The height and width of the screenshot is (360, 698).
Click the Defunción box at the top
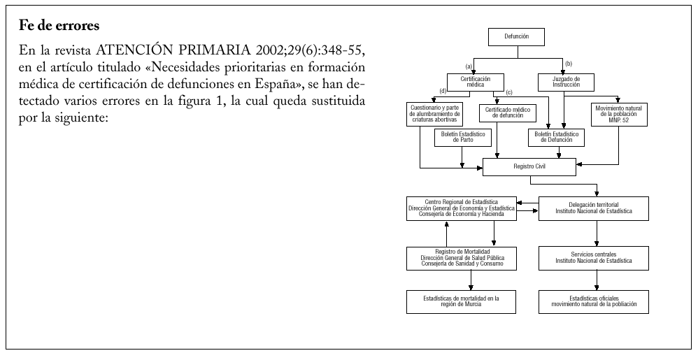pyautogui.click(x=516, y=36)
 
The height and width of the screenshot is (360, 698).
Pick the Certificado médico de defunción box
pyautogui.click(x=504, y=113)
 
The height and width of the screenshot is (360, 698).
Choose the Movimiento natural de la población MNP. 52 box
pyautogui.click(x=619, y=114)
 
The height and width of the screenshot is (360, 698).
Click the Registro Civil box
pyautogui.click(x=529, y=167)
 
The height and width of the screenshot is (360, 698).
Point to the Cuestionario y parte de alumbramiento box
pyautogui.click(x=439, y=114)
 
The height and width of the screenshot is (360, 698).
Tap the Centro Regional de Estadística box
pyautogui.click(x=462, y=208)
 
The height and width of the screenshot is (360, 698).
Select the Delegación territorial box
pyautogui.click(x=594, y=208)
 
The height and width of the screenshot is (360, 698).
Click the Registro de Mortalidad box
pyautogui.click(x=462, y=258)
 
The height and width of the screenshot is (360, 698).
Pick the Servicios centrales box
pyautogui.click(x=594, y=258)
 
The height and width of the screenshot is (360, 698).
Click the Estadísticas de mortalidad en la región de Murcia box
pyautogui.click(x=462, y=302)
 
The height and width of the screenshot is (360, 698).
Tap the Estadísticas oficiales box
pyautogui.click(x=594, y=302)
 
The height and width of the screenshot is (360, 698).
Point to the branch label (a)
pyautogui.click(x=469, y=65)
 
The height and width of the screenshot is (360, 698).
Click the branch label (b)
pyautogui.click(x=568, y=64)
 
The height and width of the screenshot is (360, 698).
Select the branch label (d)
pyautogui.click(x=442, y=92)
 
